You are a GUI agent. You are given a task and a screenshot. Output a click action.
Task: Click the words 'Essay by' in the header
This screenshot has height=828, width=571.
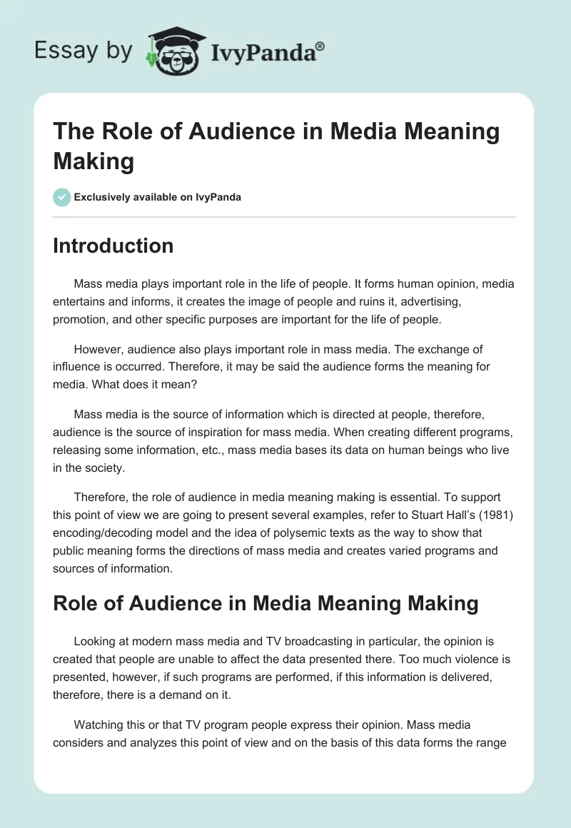(x=83, y=51)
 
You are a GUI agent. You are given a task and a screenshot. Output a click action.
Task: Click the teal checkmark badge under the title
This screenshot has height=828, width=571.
(x=62, y=197)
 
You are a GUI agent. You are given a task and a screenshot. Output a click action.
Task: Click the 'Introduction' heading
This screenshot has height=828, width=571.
(x=113, y=246)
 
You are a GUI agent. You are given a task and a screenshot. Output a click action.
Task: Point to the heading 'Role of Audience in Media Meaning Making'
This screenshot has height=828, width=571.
(x=266, y=602)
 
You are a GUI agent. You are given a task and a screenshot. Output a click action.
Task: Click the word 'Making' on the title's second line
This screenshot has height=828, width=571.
(x=94, y=161)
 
